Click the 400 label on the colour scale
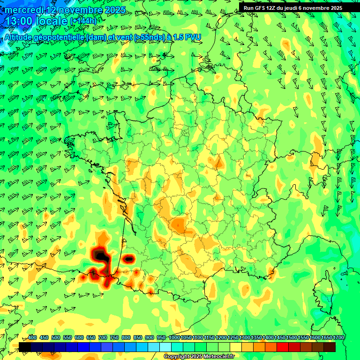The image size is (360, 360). pyautogui.click(x=32, y=337)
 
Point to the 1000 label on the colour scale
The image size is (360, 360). pyautogui.click(x=174, y=337)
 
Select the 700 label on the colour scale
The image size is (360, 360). pyautogui.click(x=103, y=337)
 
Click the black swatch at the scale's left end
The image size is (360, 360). pyautogui.click(x=25, y=347)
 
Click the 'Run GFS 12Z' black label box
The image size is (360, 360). pyautogui.click(x=292, y=7)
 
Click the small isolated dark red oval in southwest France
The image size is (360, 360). pyautogui.click(x=128, y=258)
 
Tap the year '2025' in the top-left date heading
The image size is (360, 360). pyautogui.click(x=115, y=9)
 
